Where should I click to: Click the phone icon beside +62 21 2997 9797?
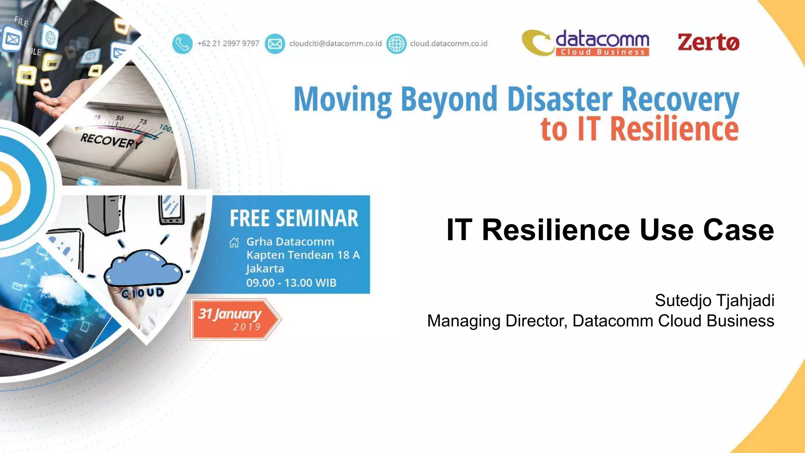[182, 44]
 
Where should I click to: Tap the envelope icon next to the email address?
[275, 44]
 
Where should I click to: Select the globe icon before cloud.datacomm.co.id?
[396, 44]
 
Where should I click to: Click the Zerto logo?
[708, 42]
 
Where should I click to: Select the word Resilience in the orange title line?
[674, 129]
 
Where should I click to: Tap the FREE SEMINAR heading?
[294, 219]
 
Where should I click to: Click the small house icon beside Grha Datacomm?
[234, 243]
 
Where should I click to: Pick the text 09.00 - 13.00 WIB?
[291, 283]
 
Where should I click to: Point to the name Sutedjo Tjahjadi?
[714, 301]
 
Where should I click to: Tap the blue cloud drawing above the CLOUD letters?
[143, 268]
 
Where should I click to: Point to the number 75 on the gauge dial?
[143, 122]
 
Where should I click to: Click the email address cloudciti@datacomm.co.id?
[335, 44]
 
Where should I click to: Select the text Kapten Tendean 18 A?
[303, 255]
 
